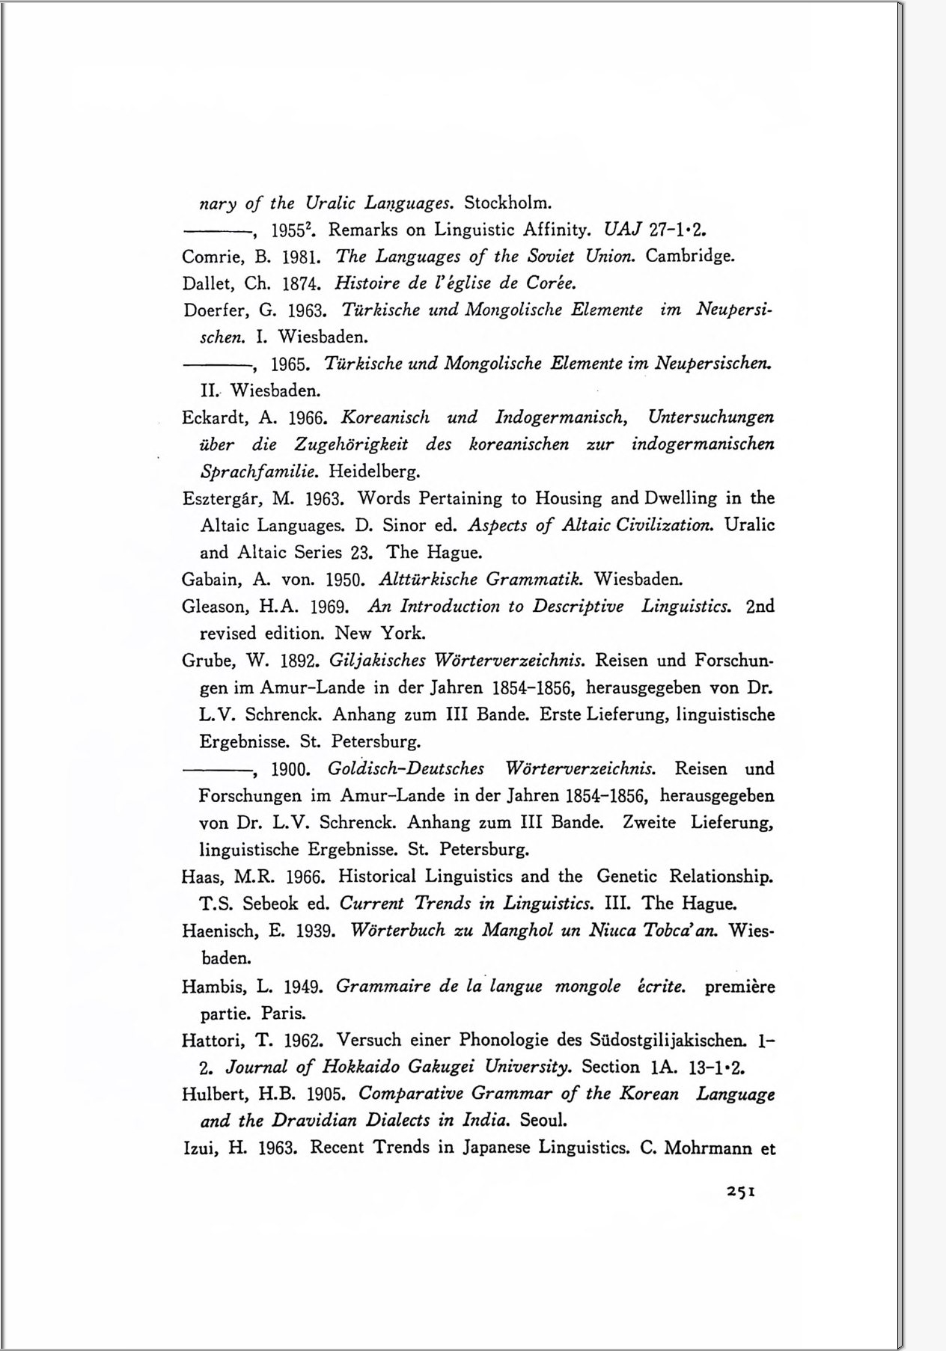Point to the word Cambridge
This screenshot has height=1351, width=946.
(x=689, y=257)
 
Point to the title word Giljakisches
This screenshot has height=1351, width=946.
(x=376, y=661)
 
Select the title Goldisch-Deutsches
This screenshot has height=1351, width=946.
(x=406, y=768)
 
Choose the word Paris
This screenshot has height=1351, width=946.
(x=283, y=1014)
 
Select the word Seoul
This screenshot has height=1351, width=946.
(x=543, y=1121)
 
